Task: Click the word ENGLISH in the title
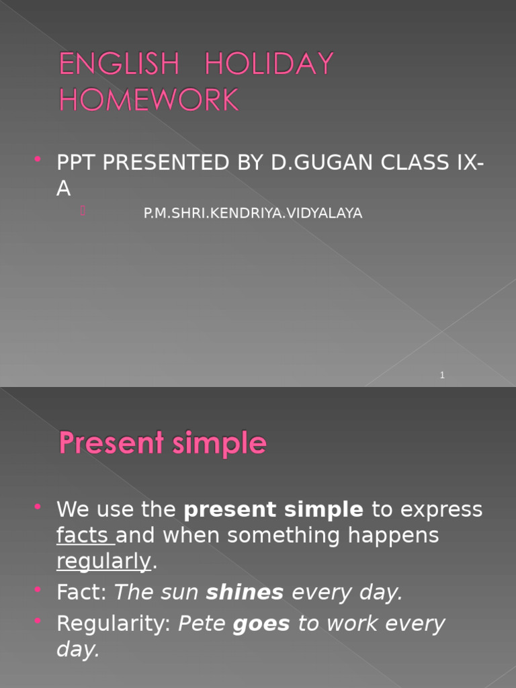[120, 64]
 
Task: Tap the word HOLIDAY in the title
[269, 64]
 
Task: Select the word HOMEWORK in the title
[148, 100]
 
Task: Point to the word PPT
[77, 163]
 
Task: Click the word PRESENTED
[165, 163]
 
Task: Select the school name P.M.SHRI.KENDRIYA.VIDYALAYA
[253, 214]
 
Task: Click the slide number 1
[442, 375]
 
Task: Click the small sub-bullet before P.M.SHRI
[83, 211]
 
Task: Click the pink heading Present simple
[163, 444]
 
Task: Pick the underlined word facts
[85, 536]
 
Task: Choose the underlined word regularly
[104, 562]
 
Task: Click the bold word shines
[245, 593]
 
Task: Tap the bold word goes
[261, 624]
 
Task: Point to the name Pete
[202, 624]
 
